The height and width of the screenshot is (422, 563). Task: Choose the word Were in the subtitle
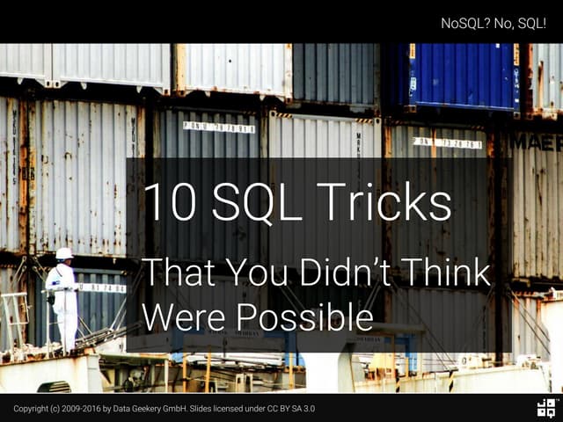tap(179, 315)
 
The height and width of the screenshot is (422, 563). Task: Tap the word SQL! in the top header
tap(531, 22)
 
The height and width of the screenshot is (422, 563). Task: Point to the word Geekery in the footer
tap(180, 408)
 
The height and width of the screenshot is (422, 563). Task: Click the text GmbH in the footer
tap(217, 408)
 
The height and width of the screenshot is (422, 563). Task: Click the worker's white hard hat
tap(64, 253)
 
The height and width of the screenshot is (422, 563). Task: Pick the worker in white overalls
tap(64, 299)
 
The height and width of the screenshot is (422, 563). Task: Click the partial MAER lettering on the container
tap(537, 141)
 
